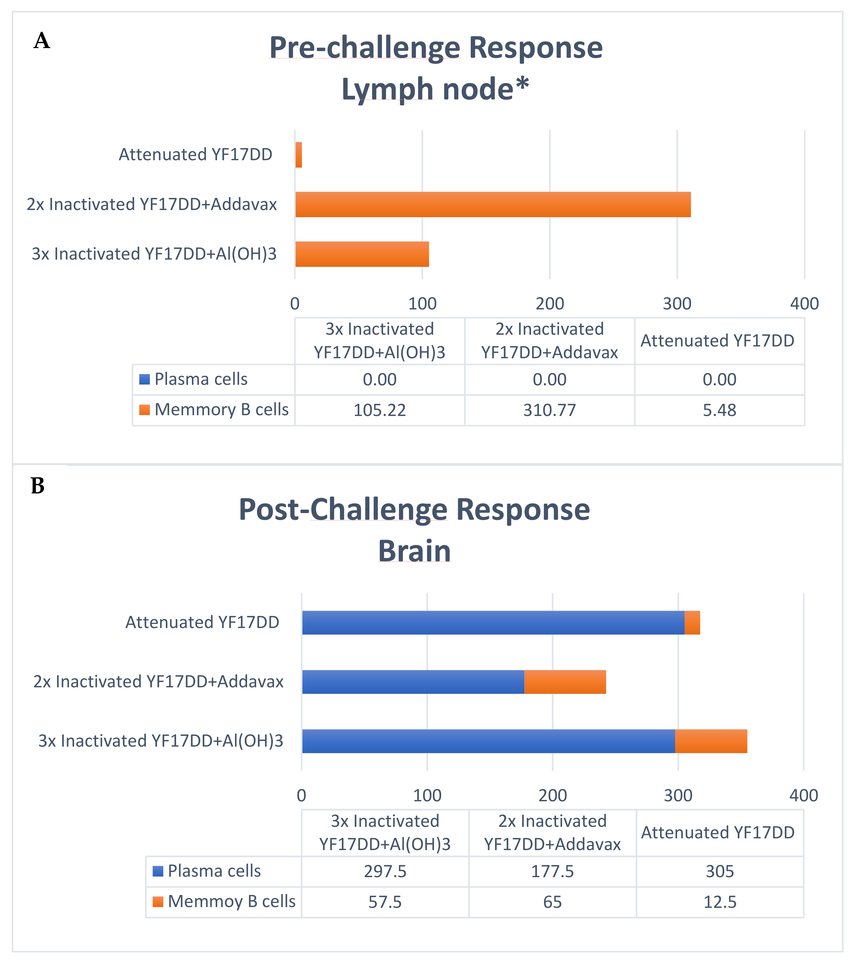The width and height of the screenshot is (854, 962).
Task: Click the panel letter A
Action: pyautogui.click(x=42, y=41)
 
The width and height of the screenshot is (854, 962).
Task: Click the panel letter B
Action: pyautogui.click(x=38, y=486)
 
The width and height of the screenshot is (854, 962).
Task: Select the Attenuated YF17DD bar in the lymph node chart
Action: pyautogui.click(x=298, y=155)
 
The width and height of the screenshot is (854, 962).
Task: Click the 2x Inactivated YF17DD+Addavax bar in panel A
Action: pyautogui.click(x=492, y=204)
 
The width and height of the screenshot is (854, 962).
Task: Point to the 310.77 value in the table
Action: pyautogui.click(x=549, y=410)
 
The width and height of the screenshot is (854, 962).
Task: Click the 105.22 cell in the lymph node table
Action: pyautogui.click(x=379, y=410)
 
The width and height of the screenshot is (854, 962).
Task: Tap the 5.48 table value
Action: pyautogui.click(x=719, y=410)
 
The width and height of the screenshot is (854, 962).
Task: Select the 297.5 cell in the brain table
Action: pyautogui.click(x=385, y=871)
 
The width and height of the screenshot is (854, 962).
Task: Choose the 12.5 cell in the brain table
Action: pyautogui.click(x=720, y=902)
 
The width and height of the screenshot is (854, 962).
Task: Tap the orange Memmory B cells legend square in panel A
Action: pyautogui.click(x=145, y=410)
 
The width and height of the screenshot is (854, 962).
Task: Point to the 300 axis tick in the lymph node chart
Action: pyautogui.click(x=677, y=304)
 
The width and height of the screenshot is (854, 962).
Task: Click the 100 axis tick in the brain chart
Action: pyautogui.click(x=427, y=795)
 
